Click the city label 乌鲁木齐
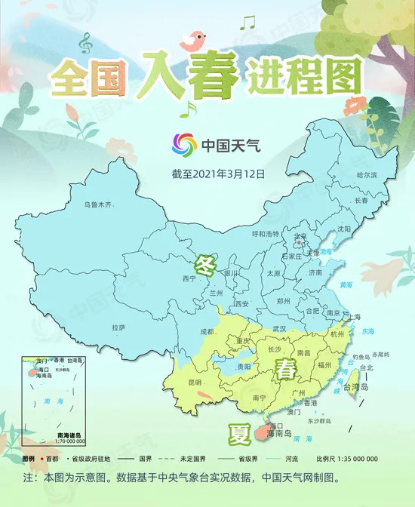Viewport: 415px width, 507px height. point(97,204)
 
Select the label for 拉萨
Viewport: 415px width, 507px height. point(118,327)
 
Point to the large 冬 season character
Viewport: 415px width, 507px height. point(204,266)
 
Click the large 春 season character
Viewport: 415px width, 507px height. point(286,370)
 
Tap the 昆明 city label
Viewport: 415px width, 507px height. point(195,383)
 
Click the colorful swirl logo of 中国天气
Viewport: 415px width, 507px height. point(184,143)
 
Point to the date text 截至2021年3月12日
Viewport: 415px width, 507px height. point(219,174)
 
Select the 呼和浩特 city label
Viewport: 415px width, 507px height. point(265,233)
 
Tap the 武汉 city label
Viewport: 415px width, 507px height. point(279,328)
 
